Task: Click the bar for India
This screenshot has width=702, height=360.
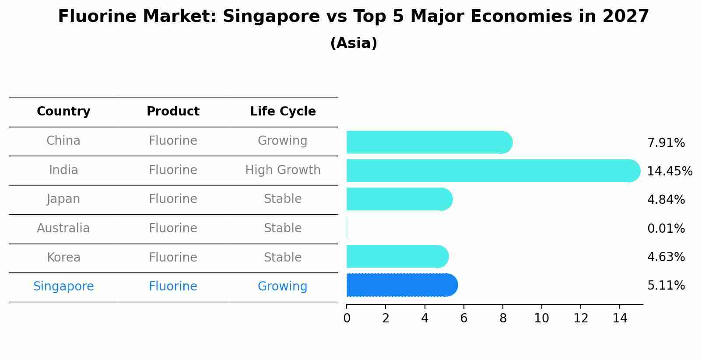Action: click(492, 171)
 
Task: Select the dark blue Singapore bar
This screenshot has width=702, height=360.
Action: click(402, 285)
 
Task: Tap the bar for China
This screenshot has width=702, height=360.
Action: click(429, 142)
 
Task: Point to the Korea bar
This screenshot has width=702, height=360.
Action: click(397, 256)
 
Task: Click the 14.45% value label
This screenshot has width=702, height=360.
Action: click(670, 171)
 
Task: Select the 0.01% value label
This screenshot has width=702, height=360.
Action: click(666, 228)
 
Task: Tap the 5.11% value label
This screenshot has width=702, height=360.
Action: click(666, 286)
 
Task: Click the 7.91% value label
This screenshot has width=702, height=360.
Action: click(666, 143)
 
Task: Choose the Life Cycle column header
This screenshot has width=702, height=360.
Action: click(283, 112)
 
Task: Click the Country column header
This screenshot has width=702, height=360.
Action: click(63, 112)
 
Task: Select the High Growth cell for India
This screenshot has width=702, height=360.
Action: click(283, 170)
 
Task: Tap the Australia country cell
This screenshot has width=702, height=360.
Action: click(63, 228)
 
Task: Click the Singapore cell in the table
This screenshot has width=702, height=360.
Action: click(63, 287)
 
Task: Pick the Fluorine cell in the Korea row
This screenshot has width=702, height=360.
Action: click(173, 257)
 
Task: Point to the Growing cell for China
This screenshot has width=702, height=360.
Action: click(283, 141)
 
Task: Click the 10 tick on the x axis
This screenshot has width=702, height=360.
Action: click(541, 318)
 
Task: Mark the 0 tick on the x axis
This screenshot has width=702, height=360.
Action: click(347, 318)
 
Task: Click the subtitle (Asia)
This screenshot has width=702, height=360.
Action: click(354, 43)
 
